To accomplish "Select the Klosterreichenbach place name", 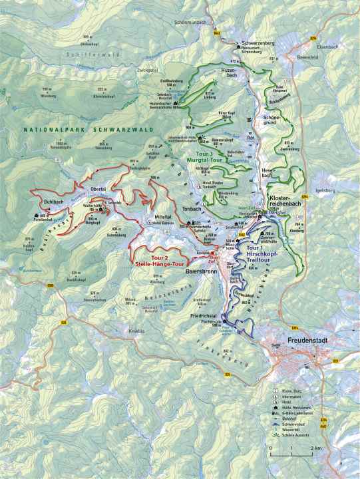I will click(287, 202).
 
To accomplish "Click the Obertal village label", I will click(98, 190).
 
